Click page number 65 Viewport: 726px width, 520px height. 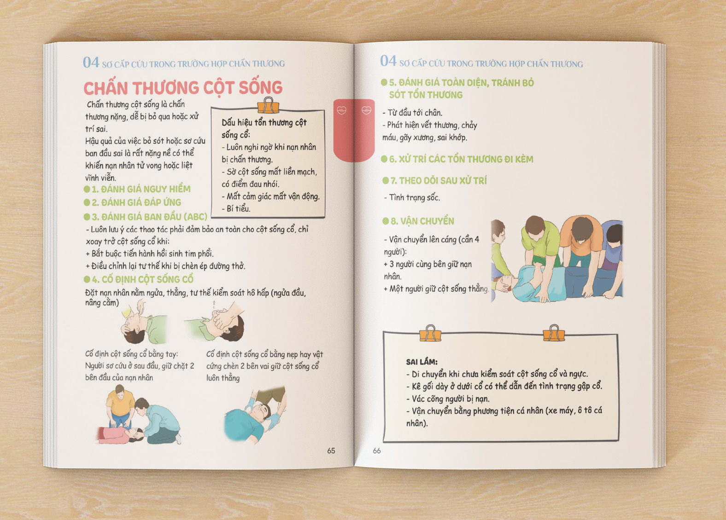click(x=331, y=451)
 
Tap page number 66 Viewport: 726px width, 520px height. click(x=377, y=451)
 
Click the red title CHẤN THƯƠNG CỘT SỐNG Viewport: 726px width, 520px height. click(x=183, y=88)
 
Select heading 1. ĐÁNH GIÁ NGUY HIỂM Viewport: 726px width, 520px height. click(x=137, y=189)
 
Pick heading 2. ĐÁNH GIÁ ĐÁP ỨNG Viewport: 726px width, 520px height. click(x=133, y=202)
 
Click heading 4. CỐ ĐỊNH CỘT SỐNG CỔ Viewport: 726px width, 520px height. click(x=139, y=279)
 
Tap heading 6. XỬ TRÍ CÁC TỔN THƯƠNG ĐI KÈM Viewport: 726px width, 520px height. click(x=457, y=159)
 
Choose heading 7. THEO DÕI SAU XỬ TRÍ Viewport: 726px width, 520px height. click(x=434, y=181)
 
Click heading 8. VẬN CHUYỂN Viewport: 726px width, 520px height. click(x=418, y=221)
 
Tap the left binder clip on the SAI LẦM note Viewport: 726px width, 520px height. click(x=430, y=333)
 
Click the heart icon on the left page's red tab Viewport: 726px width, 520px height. click(x=342, y=110)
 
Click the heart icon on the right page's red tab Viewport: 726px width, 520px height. click(x=367, y=110)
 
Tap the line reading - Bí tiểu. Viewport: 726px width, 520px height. click(x=236, y=208)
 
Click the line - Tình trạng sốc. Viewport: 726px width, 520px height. click(x=412, y=197)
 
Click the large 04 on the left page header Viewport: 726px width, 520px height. click(x=91, y=62)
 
